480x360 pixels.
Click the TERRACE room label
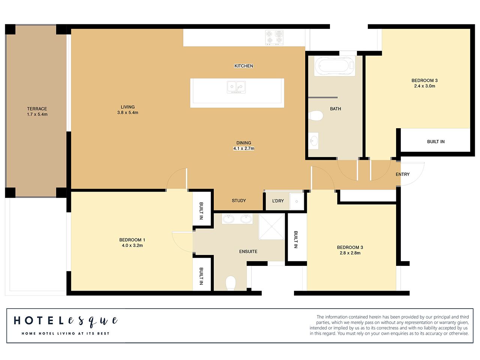coord(37,109)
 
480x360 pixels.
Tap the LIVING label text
coord(127,107)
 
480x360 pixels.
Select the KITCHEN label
coord(244,66)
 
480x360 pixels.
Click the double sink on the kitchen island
coord(236,87)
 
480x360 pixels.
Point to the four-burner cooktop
coord(274,37)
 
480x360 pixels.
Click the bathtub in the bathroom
coord(334,66)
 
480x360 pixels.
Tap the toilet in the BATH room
coord(316,115)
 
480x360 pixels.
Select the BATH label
coord(335,109)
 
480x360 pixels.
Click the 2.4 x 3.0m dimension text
coord(424,86)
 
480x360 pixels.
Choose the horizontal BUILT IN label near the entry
coord(436,142)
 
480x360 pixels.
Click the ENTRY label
coord(402,174)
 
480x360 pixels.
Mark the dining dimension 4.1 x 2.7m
coord(244,148)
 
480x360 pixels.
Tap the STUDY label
coord(239,201)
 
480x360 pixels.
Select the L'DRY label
coord(278,201)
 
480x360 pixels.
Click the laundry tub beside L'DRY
coord(297,201)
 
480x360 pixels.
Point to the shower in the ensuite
coord(271,226)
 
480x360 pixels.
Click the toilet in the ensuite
coord(231,283)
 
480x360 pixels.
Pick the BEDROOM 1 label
coord(132,240)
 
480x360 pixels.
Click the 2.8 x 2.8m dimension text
coord(350,253)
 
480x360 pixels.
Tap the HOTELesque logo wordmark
coord(66,321)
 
